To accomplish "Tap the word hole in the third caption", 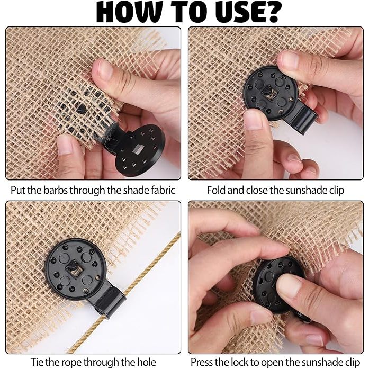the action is (x=146, y=362).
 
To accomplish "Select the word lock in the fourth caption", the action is (x=238, y=362).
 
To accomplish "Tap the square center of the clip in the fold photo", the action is (x=269, y=92).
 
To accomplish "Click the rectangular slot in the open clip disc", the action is (x=138, y=149).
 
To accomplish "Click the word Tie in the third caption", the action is (x=37, y=362).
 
